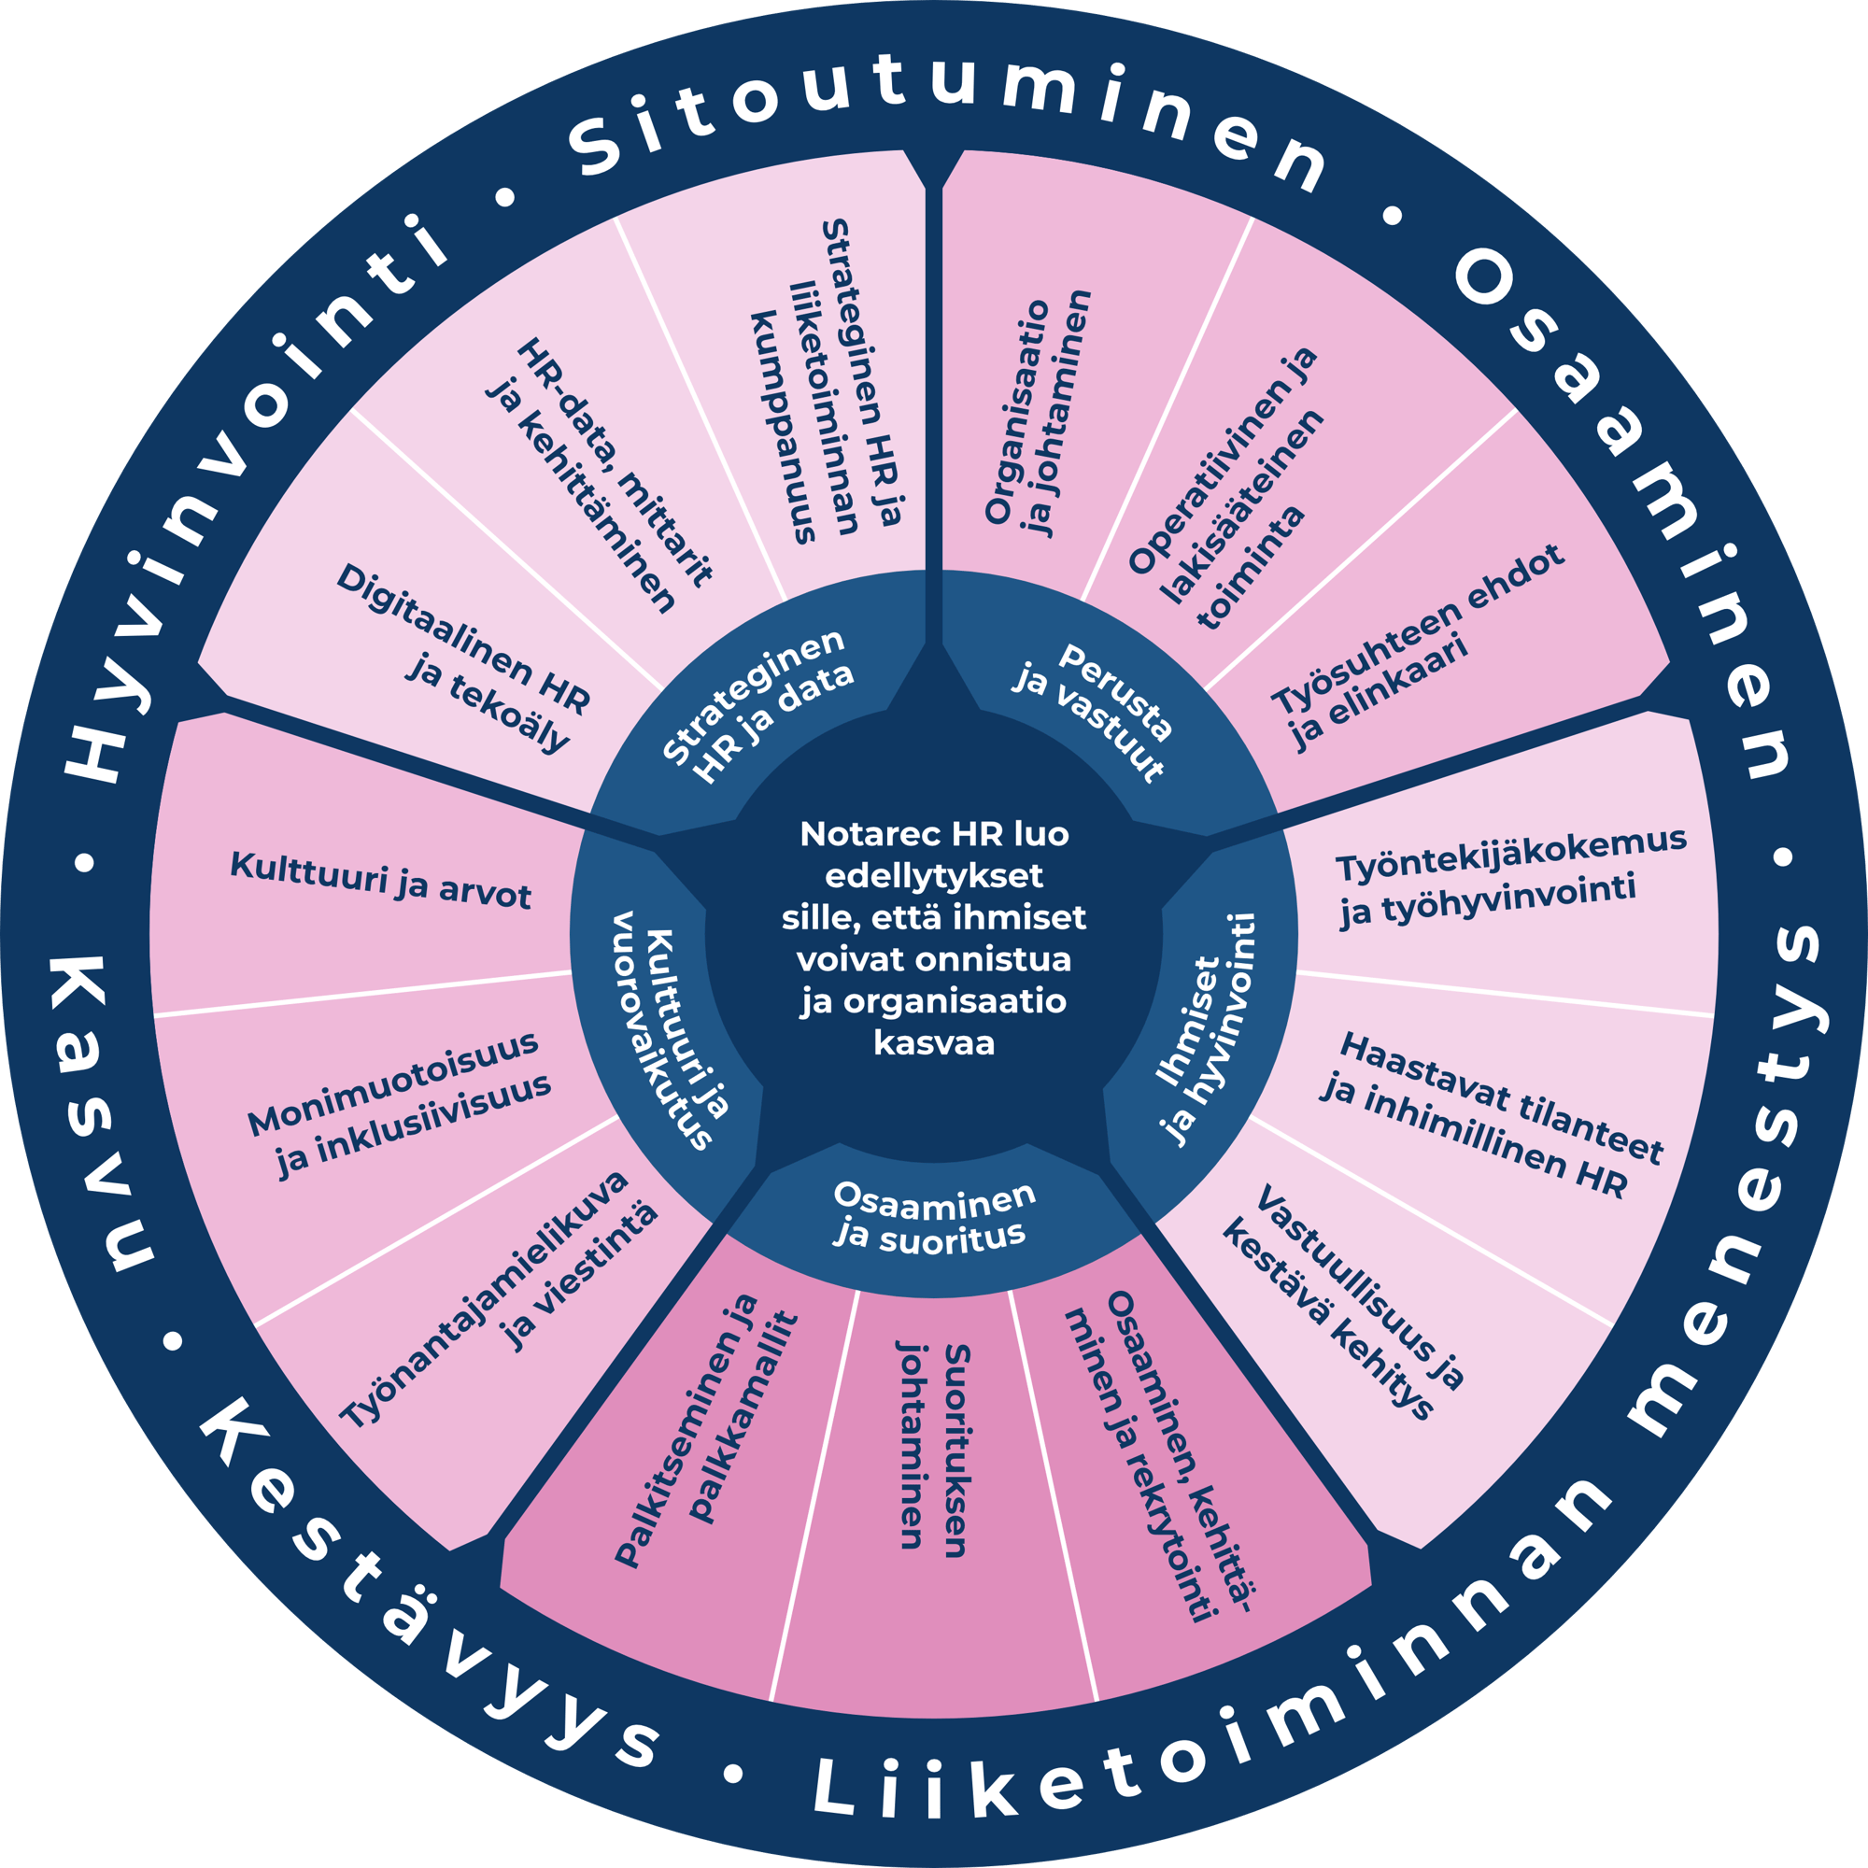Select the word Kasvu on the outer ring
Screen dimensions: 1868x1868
point(97,1111)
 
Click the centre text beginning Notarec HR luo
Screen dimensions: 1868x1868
point(934,938)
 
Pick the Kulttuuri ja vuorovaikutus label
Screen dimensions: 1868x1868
point(667,1029)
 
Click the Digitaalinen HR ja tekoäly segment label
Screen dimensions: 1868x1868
point(464,658)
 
